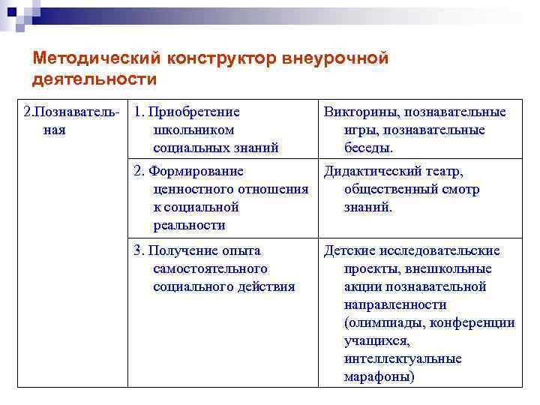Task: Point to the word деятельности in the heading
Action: tap(95, 79)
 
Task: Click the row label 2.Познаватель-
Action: tap(71, 112)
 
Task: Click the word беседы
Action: tap(368, 148)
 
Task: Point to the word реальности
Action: tap(189, 226)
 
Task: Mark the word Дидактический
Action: tap(372, 172)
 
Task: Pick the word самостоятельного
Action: tap(210, 268)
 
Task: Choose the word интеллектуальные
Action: tap(403, 359)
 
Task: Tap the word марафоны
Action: tap(379, 377)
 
